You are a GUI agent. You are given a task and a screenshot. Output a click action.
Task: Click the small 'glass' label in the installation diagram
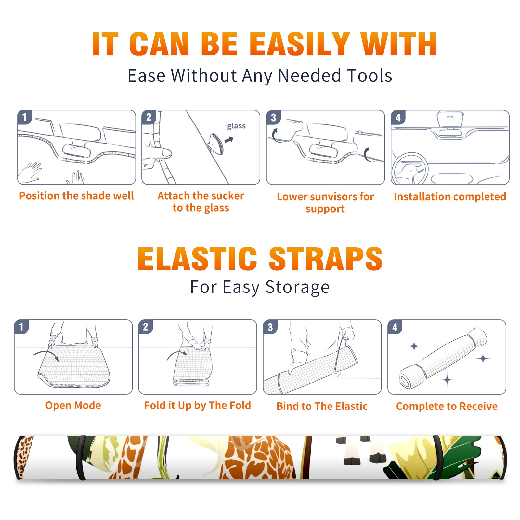point(236,126)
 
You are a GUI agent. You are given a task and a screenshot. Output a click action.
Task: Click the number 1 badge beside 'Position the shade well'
point(24,117)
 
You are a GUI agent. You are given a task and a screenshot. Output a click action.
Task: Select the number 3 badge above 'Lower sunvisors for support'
point(273,117)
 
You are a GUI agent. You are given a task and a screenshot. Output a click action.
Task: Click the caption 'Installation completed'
point(450,197)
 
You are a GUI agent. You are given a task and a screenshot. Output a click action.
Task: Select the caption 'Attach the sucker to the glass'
point(201,202)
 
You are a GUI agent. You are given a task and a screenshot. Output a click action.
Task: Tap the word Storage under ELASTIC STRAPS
point(297,287)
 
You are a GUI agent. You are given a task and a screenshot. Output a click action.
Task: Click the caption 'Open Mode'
point(73,405)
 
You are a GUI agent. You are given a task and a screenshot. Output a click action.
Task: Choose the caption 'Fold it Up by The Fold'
point(198,406)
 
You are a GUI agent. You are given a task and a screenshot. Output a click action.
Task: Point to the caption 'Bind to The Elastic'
point(322,406)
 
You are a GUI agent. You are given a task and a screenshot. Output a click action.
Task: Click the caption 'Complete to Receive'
point(447,406)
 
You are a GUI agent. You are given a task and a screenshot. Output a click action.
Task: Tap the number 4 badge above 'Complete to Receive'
point(395,327)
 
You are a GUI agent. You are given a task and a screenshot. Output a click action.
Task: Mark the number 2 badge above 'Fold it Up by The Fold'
point(146,327)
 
